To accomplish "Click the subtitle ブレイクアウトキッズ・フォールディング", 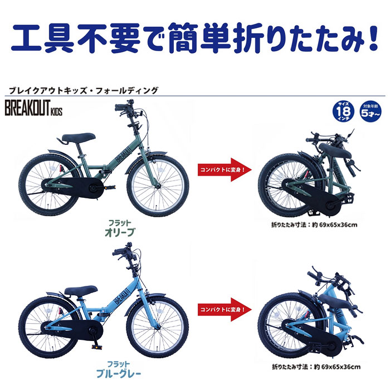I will tap(84, 89).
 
